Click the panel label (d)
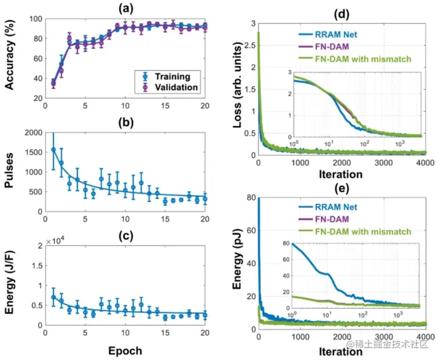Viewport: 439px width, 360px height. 342,13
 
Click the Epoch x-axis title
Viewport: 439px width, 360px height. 126,350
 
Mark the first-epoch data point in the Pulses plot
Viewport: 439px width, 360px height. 54,149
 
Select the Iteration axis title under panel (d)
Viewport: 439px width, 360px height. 341,175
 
